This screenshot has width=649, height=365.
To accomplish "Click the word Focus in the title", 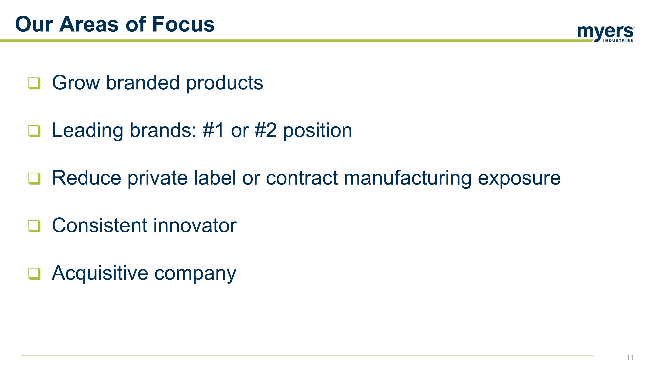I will tap(183, 24).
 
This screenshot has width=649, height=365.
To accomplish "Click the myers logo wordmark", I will tap(605, 32).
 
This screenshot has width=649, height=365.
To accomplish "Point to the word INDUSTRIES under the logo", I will tap(618, 40).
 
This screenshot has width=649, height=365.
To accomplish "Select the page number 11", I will tap(630, 357).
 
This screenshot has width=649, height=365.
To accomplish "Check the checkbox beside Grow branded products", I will tap(34, 83).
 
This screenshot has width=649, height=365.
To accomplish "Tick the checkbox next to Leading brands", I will tap(34, 131).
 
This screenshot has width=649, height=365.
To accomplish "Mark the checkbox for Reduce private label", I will tap(34, 178).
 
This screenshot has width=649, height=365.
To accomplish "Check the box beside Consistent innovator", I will tap(34, 226).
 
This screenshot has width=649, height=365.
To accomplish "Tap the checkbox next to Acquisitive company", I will tap(34, 273).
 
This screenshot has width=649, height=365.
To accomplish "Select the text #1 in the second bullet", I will tap(213, 130).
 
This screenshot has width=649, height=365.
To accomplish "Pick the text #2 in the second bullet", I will tap(265, 130).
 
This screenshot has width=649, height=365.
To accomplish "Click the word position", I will tap(317, 131).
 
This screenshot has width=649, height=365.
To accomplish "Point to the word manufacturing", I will tap(407, 178).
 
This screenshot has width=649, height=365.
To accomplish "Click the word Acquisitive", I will tap(100, 273).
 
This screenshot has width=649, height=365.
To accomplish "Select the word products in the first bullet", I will tap(225, 83).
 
